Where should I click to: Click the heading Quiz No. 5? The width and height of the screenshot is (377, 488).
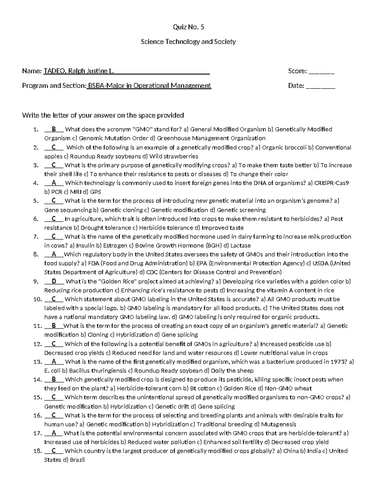[188, 27]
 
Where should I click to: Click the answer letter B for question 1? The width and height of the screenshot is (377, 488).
[54, 129]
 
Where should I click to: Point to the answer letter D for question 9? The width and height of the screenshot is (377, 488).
[54, 282]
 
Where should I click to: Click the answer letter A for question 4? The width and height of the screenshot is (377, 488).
[54, 183]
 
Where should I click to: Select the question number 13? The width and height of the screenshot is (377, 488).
[36, 362]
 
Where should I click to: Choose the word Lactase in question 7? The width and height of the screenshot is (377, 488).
[240, 246]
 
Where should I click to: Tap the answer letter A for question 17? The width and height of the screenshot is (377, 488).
[54, 433]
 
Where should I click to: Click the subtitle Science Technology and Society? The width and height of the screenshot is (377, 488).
[188, 42]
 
